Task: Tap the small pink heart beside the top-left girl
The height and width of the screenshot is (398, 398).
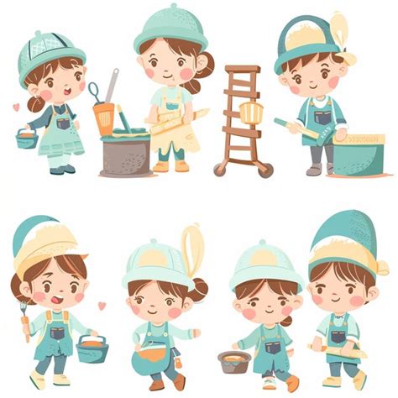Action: [15, 107]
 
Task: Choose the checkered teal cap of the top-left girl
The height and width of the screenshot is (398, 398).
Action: [51, 53]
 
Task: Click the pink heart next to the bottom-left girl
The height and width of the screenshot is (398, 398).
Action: [102, 306]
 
